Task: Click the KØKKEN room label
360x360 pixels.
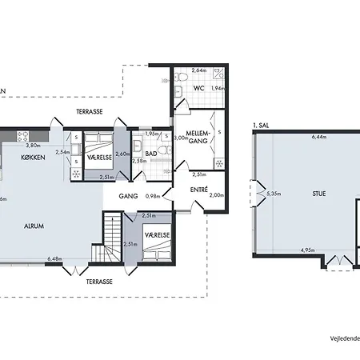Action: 33,158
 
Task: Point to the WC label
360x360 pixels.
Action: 200,87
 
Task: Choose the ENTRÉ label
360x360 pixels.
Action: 200,189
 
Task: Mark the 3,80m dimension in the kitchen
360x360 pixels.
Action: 33,146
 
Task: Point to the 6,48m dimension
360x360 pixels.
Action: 54,258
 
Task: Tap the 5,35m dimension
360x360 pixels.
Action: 274,193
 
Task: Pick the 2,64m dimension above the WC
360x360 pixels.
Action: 199,71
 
